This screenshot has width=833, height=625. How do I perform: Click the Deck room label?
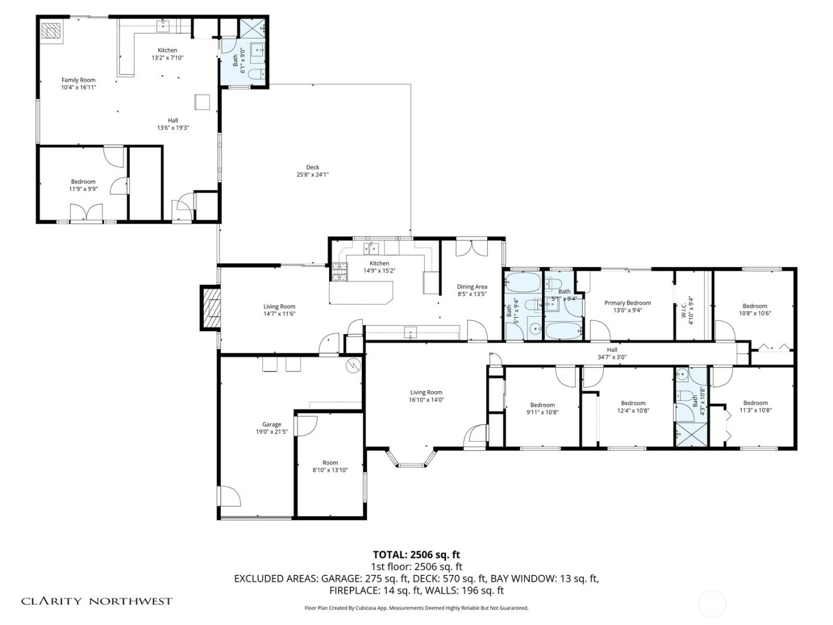coord(312,167)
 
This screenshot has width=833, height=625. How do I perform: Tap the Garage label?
coord(272,424)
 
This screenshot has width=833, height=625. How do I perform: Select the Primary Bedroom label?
coord(627,303)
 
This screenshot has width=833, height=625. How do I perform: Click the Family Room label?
coord(79,80)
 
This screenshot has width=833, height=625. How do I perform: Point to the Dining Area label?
coord(472,287)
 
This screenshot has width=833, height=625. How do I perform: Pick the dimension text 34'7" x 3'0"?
coord(612,358)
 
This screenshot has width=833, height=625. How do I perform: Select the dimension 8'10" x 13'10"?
coord(330,470)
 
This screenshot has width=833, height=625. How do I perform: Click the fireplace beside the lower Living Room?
coord(209,308)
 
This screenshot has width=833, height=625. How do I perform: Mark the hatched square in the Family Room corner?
coord(51,31)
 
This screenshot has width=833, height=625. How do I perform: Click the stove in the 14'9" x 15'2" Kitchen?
coord(339,273)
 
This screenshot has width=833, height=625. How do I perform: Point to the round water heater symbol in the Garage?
coord(353,365)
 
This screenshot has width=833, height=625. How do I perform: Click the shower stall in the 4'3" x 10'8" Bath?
coord(690,434)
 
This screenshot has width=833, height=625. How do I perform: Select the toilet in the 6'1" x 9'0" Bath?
coord(256,74)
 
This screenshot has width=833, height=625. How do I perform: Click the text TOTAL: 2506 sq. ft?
coord(416,555)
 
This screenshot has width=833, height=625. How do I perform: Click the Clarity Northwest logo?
coord(97,601)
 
